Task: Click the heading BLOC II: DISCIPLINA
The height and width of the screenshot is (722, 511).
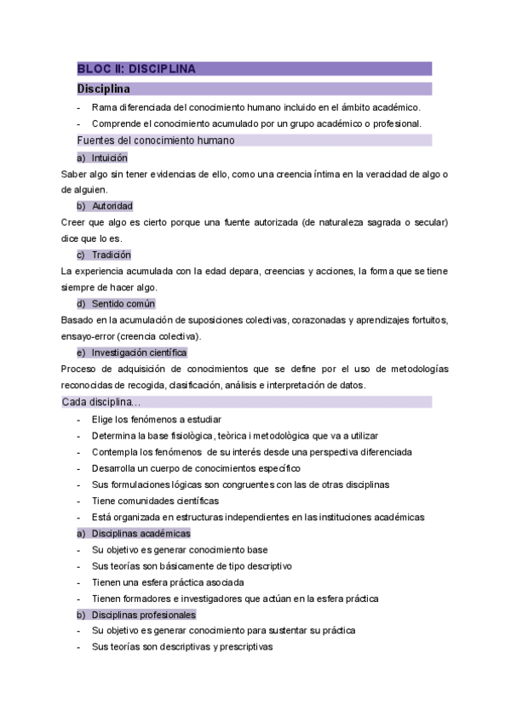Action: [x=136, y=69]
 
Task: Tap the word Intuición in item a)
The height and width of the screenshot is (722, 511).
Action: [x=109, y=158]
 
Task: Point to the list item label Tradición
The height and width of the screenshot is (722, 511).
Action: [x=111, y=255]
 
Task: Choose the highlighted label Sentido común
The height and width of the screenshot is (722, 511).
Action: [x=123, y=304]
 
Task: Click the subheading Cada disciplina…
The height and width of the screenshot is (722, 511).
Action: [x=101, y=402]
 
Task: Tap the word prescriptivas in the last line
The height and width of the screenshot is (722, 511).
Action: [x=243, y=647]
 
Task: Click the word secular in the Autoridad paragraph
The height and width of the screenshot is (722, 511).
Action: [x=427, y=223]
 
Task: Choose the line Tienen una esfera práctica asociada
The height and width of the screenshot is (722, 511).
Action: [x=168, y=582]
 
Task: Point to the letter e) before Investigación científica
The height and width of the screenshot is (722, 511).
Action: [x=81, y=352]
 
